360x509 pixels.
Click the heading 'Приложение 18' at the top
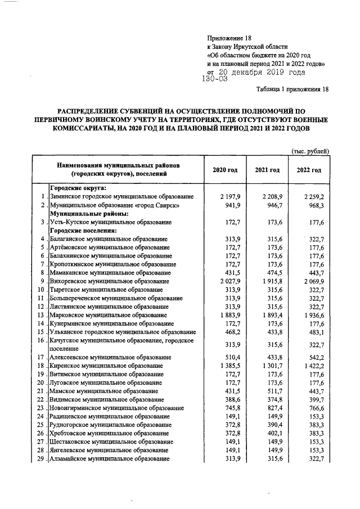(229, 38)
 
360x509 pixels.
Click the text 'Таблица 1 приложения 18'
(292, 90)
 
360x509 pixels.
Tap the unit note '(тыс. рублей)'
(309, 151)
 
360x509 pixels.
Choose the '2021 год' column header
(267, 170)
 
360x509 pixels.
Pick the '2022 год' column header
(309, 170)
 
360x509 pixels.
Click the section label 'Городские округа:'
(79, 188)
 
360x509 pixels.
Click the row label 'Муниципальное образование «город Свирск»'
(115, 206)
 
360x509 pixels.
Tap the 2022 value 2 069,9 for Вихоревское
(314, 281)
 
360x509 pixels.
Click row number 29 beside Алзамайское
(40, 459)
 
